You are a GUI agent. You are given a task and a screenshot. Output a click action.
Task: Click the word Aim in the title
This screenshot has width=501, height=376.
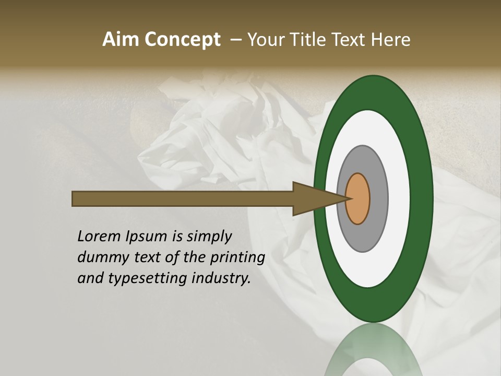(121, 40)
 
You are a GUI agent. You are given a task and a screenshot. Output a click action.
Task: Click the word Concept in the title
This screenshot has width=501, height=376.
(183, 40)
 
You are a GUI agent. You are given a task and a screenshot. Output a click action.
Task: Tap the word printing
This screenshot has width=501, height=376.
(237, 257)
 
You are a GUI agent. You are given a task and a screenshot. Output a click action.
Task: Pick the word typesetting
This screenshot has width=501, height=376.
(147, 278)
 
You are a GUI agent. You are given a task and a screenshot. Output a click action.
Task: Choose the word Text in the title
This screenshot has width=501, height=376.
(350, 40)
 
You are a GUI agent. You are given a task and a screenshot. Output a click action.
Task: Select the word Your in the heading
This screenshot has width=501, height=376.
(264, 40)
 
